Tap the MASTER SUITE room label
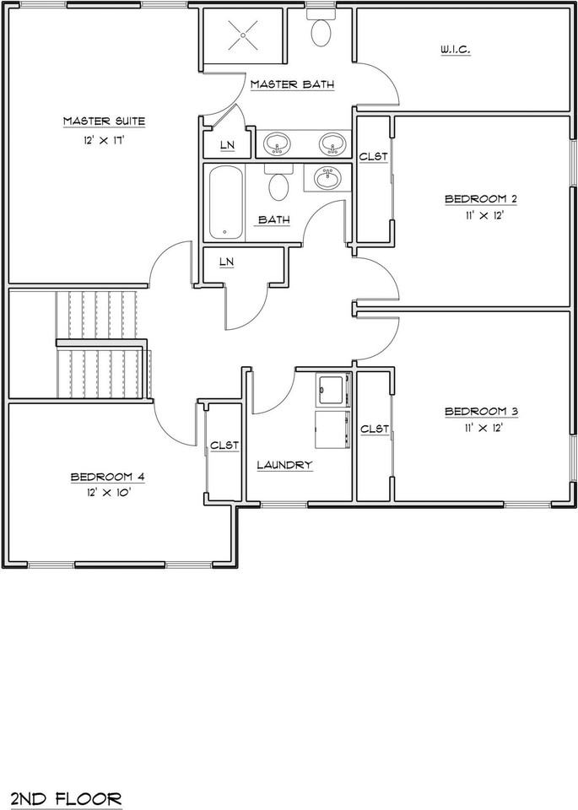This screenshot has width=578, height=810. [x=104, y=121]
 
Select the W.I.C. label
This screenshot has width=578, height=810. [x=455, y=51]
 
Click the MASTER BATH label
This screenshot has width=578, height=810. [x=292, y=84]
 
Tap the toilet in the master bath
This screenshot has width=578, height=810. [x=321, y=31]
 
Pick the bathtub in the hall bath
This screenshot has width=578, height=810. [x=225, y=202]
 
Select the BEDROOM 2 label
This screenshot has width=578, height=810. [x=480, y=199]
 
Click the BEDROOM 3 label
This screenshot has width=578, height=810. [x=480, y=412]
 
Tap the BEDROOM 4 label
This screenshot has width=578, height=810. [x=107, y=478]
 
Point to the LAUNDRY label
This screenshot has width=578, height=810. [x=284, y=465]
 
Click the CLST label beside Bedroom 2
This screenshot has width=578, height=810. [x=373, y=157]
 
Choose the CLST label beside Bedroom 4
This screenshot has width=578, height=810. [x=224, y=445]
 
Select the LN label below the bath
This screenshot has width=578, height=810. [x=226, y=262]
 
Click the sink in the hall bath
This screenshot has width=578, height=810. [x=327, y=178]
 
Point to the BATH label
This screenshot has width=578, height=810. [x=273, y=220]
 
